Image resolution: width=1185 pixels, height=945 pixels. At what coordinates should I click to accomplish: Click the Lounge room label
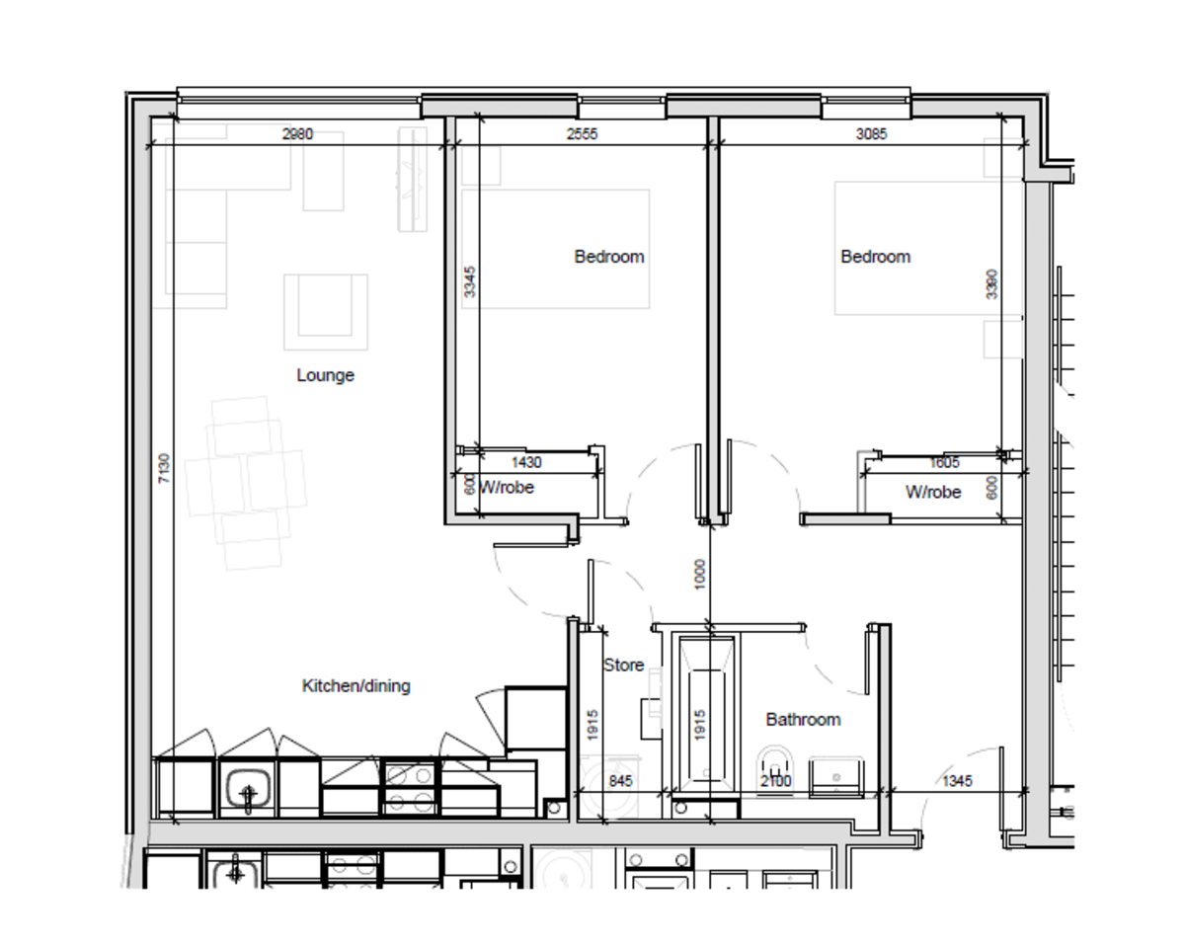pos(325,375)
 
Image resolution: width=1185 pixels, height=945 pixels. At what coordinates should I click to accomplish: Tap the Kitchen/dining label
pos(355,685)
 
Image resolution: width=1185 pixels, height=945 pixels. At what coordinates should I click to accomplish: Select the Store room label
pos(623,665)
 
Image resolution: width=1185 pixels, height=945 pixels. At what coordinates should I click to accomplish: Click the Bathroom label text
pos(803,719)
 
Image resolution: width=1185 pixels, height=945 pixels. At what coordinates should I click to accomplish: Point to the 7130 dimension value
pos(164,468)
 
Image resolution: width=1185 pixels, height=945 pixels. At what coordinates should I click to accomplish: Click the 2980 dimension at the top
pos(297,134)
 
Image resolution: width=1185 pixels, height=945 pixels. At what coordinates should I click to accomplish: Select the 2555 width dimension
pos(581,134)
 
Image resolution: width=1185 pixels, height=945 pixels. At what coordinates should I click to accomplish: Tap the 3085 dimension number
pos(870,134)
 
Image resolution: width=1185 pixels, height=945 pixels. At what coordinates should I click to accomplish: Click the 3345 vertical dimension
pos(470,281)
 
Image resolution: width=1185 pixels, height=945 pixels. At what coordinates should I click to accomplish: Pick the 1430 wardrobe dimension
pos(525,461)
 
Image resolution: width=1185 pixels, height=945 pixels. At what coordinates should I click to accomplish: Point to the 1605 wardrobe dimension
pos(945,461)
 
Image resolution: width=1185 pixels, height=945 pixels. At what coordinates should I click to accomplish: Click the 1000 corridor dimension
pos(700,575)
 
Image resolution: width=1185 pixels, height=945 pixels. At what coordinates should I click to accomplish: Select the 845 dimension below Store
pos(619,780)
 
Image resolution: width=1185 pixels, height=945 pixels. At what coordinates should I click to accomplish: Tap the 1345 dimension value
pos(957,780)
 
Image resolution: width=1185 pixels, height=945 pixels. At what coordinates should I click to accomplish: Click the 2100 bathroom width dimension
pos(776,781)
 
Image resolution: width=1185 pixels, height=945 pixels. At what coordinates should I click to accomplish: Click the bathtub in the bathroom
pos(703,711)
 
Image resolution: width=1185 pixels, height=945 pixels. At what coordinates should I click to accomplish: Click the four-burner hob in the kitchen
pos(409,788)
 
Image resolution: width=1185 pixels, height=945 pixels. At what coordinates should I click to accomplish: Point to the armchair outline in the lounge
pos(326,311)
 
